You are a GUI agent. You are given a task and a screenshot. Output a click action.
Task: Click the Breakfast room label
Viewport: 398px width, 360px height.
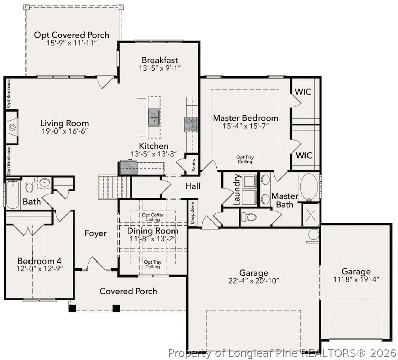pyautogui.click(x=160, y=60)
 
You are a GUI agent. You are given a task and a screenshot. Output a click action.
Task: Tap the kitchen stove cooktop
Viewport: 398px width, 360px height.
pyautogui.click(x=190, y=124)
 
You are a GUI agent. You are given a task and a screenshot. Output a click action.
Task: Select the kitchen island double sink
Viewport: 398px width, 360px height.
pyautogui.click(x=154, y=117)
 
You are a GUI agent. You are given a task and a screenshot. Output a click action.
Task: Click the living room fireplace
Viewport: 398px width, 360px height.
pyautogui.click(x=12, y=127)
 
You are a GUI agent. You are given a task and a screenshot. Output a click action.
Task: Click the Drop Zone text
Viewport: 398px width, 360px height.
pyautogui.click(x=192, y=212)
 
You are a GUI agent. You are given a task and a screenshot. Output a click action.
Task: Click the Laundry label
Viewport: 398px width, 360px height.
pyautogui.click(x=237, y=189)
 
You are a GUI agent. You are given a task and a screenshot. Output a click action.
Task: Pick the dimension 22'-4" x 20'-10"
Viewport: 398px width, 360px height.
pyautogui.click(x=253, y=281)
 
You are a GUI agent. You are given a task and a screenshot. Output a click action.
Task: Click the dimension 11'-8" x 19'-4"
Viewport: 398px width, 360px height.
pyautogui.click(x=356, y=279)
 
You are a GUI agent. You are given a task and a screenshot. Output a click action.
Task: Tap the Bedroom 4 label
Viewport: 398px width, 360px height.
pyautogui.click(x=39, y=261)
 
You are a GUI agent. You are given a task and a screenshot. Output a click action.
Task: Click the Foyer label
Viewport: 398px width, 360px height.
pyautogui.click(x=96, y=233)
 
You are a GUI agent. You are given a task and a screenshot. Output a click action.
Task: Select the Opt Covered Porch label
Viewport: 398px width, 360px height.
pyautogui.click(x=72, y=35)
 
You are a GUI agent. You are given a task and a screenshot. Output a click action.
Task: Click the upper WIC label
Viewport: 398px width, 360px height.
pyautogui.click(x=303, y=91)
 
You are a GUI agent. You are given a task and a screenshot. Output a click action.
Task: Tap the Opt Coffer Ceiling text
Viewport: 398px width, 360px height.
pyautogui.click(x=152, y=217)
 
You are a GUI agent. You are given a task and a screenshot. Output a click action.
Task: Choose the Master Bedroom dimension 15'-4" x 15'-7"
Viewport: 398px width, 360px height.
pyautogui.click(x=245, y=126)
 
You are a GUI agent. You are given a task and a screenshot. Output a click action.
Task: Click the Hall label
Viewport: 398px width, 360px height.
pyautogui.click(x=192, y=186)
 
